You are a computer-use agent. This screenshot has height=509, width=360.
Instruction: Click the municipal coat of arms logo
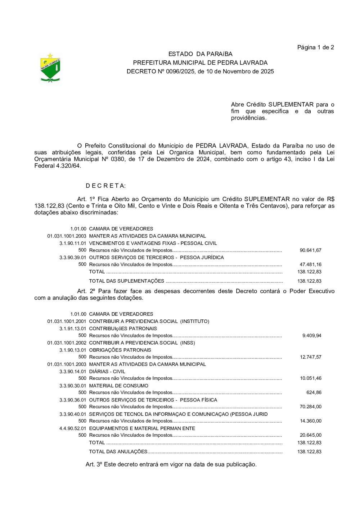coord(50,68)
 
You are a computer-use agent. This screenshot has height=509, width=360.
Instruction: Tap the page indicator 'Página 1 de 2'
coord(315,47)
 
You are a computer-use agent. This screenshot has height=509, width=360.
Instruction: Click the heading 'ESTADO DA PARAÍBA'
coord(200,54)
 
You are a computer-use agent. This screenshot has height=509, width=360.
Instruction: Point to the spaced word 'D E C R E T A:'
coord(105,186)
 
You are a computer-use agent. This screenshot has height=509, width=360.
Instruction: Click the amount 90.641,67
coord(310,250)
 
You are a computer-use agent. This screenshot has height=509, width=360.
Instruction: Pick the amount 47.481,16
coord(310,265)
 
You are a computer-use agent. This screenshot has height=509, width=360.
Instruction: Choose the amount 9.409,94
coord(312,336)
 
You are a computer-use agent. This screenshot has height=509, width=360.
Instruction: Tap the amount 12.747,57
coord(310,357)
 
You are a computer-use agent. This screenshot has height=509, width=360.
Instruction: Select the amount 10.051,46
coord(310,378)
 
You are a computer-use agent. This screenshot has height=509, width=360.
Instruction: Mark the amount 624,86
coord(314,393)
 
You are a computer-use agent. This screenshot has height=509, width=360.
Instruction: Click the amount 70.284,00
coord(310,407)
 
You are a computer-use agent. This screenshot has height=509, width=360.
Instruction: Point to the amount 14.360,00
coord(310,421)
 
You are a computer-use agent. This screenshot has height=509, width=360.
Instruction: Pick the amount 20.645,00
coord(310,435)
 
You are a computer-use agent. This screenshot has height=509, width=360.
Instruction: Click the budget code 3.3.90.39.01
coord(73,258)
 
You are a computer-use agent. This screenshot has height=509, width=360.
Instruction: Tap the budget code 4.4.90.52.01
coord(73,428)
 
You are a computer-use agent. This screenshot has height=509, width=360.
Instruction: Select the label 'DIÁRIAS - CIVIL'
coord(107,372)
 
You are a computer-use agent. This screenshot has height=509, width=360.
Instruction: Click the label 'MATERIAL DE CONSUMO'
coord(118,386)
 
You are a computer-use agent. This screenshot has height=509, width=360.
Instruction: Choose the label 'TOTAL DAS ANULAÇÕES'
coord(118,452)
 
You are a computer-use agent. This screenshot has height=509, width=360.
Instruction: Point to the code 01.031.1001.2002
coord(67,343)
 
